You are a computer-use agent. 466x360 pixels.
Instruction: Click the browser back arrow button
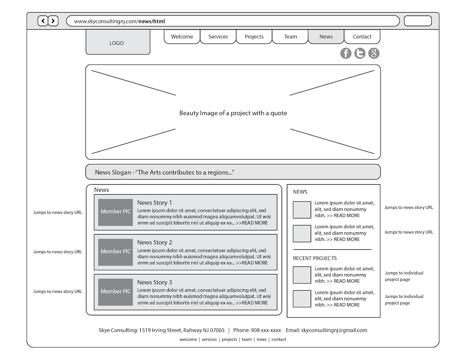click(x=43, y=21)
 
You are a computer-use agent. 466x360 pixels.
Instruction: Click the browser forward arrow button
click(x=53, y=21)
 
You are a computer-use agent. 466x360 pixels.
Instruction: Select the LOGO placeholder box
click(x=117, y=43)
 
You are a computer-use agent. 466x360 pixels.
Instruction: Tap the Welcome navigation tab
click(x=182, y=36)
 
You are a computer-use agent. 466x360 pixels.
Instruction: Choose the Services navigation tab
click(x=218, y=36)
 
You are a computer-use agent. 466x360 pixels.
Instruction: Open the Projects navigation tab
click(x=254, y=36)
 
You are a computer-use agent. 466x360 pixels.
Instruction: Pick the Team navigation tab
click(x=290, y=36)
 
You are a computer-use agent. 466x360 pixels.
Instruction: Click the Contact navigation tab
click(x=362, y=36)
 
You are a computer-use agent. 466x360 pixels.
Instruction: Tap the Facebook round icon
click(x=346, y=53)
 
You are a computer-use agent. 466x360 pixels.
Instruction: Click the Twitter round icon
click(x=360, y=53)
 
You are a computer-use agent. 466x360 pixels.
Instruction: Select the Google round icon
click(x=374, y=53)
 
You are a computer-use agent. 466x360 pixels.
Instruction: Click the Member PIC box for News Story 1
click(x=116, y=212)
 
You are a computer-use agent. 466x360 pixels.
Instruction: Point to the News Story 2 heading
click(x=154, y=242)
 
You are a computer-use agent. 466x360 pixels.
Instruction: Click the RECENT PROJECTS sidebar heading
click(x=315, y=258)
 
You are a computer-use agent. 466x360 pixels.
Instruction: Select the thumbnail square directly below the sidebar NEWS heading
click(x=302, y=209)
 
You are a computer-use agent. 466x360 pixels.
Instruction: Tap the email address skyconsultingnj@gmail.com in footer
click(x=334, y=330)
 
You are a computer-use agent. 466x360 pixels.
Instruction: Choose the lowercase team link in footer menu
click(x=247, y=340)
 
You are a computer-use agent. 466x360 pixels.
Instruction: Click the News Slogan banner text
click(x=165, y=172)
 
